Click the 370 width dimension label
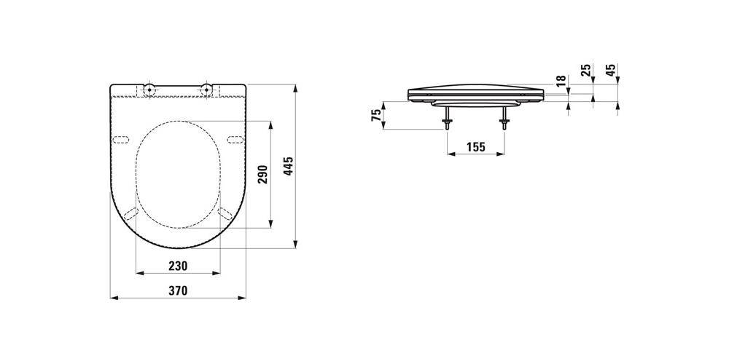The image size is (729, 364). (178, 291)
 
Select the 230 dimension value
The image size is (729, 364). (178, 266)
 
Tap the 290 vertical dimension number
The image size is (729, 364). (264, 174)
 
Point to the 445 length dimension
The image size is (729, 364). (289, 166)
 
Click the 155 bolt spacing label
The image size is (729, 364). (475, 147)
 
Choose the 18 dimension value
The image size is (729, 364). (561, 80)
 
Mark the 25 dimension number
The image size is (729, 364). (586, 70)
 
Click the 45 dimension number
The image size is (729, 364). (612, 70)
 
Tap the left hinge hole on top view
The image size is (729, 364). (149, 88)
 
